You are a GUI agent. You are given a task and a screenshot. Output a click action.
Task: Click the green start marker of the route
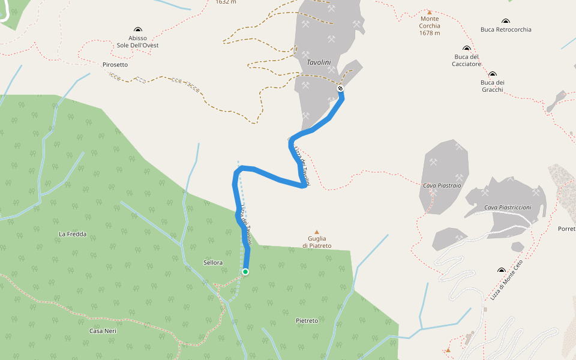(x=245, y=272)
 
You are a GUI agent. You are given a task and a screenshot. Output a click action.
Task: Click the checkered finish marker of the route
(x=340, y=89)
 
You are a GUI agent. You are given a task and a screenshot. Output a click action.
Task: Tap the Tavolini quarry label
(x=319, y=62)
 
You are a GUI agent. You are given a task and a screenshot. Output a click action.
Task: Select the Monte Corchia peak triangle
(x=430, y=12)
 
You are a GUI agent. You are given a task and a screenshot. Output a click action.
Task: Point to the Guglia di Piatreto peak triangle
(x=317, y=232)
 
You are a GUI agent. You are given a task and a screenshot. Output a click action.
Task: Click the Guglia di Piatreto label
(x=317, y=242)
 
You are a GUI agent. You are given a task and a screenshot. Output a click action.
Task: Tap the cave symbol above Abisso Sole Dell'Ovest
(x=138, y=29)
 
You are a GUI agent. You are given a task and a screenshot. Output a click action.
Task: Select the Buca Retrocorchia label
(x=506, y=29)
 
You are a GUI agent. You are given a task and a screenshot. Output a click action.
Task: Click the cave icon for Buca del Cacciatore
(x=466, y=48)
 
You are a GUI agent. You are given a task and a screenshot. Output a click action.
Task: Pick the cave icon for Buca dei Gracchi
(x=492, y=74)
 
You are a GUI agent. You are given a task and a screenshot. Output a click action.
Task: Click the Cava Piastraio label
(x=442, y=185)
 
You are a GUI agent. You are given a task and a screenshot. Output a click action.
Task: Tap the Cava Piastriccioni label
(x=508, y=208)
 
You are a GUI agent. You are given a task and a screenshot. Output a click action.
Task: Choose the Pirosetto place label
(x=115, y=64)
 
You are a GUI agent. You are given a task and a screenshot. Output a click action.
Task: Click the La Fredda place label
(x=73, y=234)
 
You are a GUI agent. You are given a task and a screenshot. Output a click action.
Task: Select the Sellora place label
(x=213, y=263)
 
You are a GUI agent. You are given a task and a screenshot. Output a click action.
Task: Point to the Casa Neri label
(x=103, y=331)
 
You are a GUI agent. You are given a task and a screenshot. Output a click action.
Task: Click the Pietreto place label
(x=307, y=321)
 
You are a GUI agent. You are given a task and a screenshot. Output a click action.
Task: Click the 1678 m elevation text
(x=430, y=33)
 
